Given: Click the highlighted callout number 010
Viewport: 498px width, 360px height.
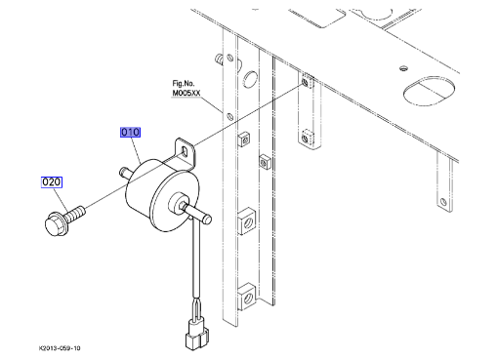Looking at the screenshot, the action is [x=130, y=132].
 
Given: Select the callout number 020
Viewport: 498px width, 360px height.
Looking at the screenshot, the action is [x=52, y=182].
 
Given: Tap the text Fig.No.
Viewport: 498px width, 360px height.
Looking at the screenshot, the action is [x=184, y=83].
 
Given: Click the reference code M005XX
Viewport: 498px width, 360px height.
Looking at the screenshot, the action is [x=187, y=93].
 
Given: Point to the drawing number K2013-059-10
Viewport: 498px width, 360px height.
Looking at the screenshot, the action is [x=60, y=348].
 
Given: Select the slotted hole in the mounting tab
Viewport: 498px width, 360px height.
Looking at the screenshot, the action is [x=186, y=151].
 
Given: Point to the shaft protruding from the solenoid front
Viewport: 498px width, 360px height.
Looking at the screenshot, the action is [x=198, y=213].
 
